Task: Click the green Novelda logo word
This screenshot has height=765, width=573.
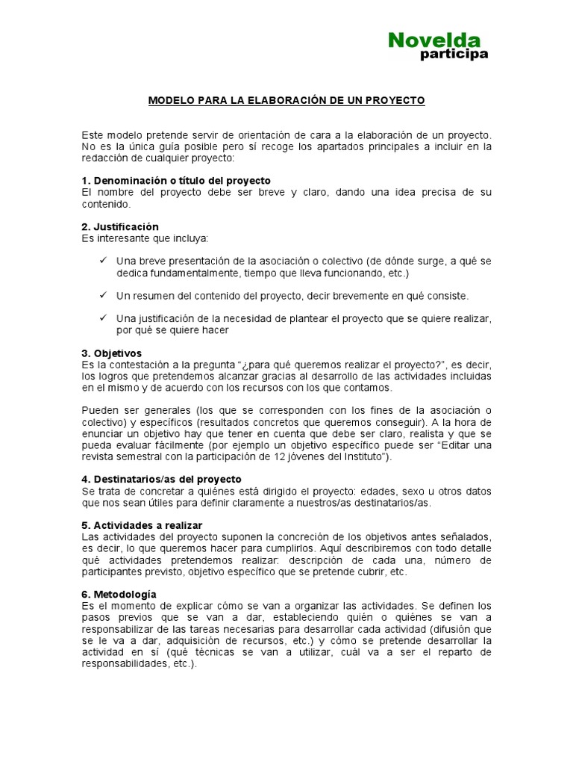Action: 434,40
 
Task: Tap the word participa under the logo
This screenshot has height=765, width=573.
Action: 454,55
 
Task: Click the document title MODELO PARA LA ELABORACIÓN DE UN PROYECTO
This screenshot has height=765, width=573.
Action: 286,100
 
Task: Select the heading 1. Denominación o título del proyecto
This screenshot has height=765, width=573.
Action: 176,181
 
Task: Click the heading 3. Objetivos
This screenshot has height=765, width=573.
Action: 111,353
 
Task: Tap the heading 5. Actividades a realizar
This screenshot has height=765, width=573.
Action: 142,525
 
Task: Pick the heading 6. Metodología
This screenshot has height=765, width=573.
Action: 119,594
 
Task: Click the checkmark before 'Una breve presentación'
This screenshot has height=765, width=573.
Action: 104,261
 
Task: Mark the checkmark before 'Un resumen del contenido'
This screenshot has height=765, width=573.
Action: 104,295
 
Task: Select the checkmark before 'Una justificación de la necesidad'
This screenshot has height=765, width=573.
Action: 104,318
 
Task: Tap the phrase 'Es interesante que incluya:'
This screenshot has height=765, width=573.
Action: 145,238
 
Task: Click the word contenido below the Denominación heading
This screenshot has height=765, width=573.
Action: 106,204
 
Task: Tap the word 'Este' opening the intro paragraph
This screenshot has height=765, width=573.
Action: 93,134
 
